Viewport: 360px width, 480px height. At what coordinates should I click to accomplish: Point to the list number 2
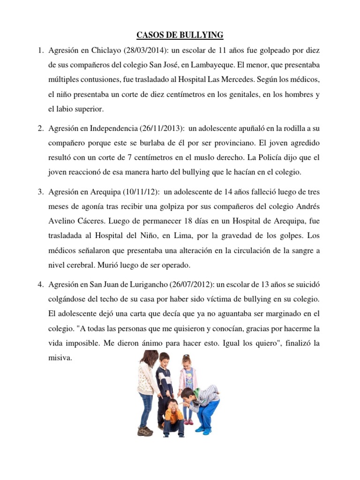coord(40,127)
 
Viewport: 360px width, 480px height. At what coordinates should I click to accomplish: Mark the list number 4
coord(40,285)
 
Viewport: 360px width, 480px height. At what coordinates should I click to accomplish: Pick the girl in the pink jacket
coord(187,377)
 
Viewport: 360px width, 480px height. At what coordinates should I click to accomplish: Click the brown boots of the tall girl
coord(145,429)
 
